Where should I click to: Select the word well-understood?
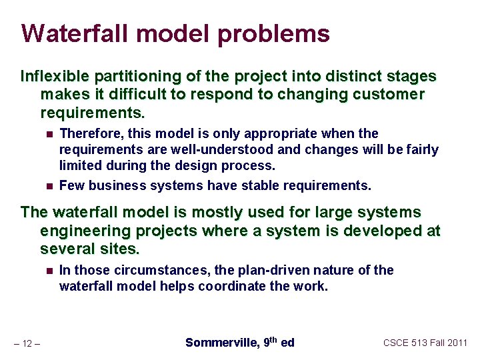click(231, 149)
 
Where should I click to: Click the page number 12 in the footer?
click(28, 343)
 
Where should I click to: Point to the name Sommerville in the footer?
click(221, 343)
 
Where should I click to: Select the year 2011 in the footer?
click(457, 343)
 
